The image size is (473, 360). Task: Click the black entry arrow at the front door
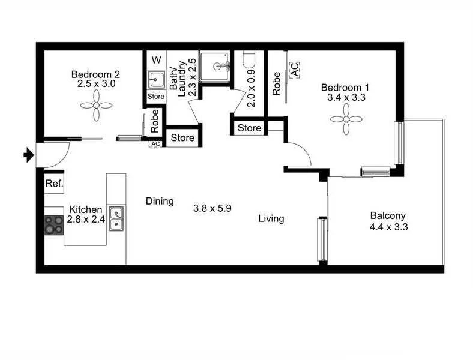(28, 156)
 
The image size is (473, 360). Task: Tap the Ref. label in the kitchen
(54, 184)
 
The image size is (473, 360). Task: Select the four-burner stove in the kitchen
(54, 224)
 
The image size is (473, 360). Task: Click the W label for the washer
(156, 60)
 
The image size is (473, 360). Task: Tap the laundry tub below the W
(156, 79)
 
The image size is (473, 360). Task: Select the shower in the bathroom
(215, 67)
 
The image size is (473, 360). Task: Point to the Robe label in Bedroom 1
(277, 83)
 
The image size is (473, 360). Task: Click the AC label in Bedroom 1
(295, 70)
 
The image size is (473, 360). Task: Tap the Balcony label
(388, 216)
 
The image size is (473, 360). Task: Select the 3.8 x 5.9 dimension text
(212, 209)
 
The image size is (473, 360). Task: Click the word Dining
(160, 202)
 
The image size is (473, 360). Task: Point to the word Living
(271, 219)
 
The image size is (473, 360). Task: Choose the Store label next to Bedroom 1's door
(249, 128)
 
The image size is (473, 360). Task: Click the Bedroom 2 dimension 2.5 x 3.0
(96, 85)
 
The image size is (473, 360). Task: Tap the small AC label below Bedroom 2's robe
(155, 144)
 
